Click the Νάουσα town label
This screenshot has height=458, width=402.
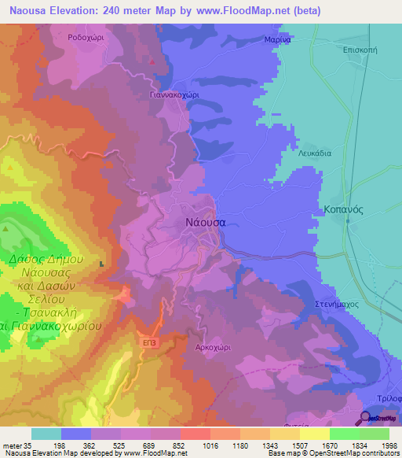pos(205,222)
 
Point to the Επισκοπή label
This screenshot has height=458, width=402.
pos(361,49)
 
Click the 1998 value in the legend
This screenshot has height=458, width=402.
pos(391,445)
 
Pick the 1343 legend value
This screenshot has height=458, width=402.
pos(269,445)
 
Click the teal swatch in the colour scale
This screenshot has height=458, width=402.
pos(46,434)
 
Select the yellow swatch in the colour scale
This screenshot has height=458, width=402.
pos(315,434)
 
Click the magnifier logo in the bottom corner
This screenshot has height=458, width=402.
pos(366,418)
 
